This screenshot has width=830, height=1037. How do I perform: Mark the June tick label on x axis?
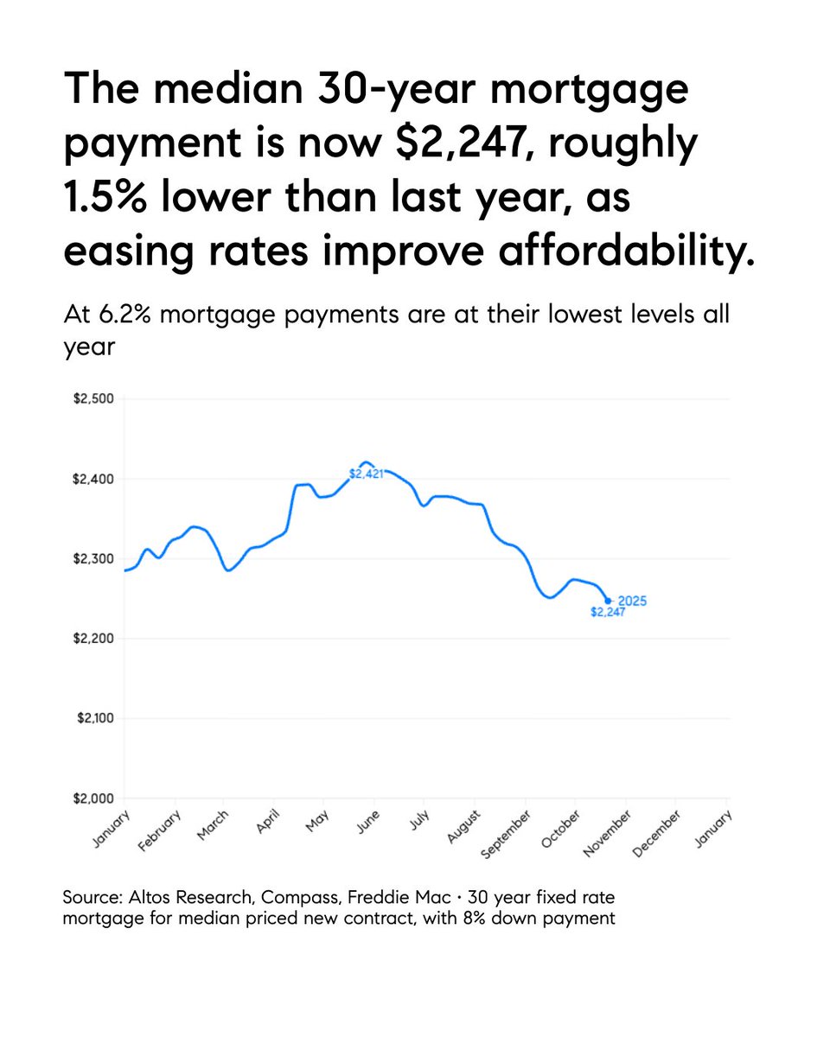(368, 823)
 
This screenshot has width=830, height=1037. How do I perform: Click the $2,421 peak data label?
(365, 474)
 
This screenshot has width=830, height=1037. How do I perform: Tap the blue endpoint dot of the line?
(608, 601)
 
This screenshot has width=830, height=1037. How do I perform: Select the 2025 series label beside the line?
(632, 601)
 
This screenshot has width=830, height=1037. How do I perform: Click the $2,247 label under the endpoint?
(606, 613)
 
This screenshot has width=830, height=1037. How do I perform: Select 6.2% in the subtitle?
(123, 314)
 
